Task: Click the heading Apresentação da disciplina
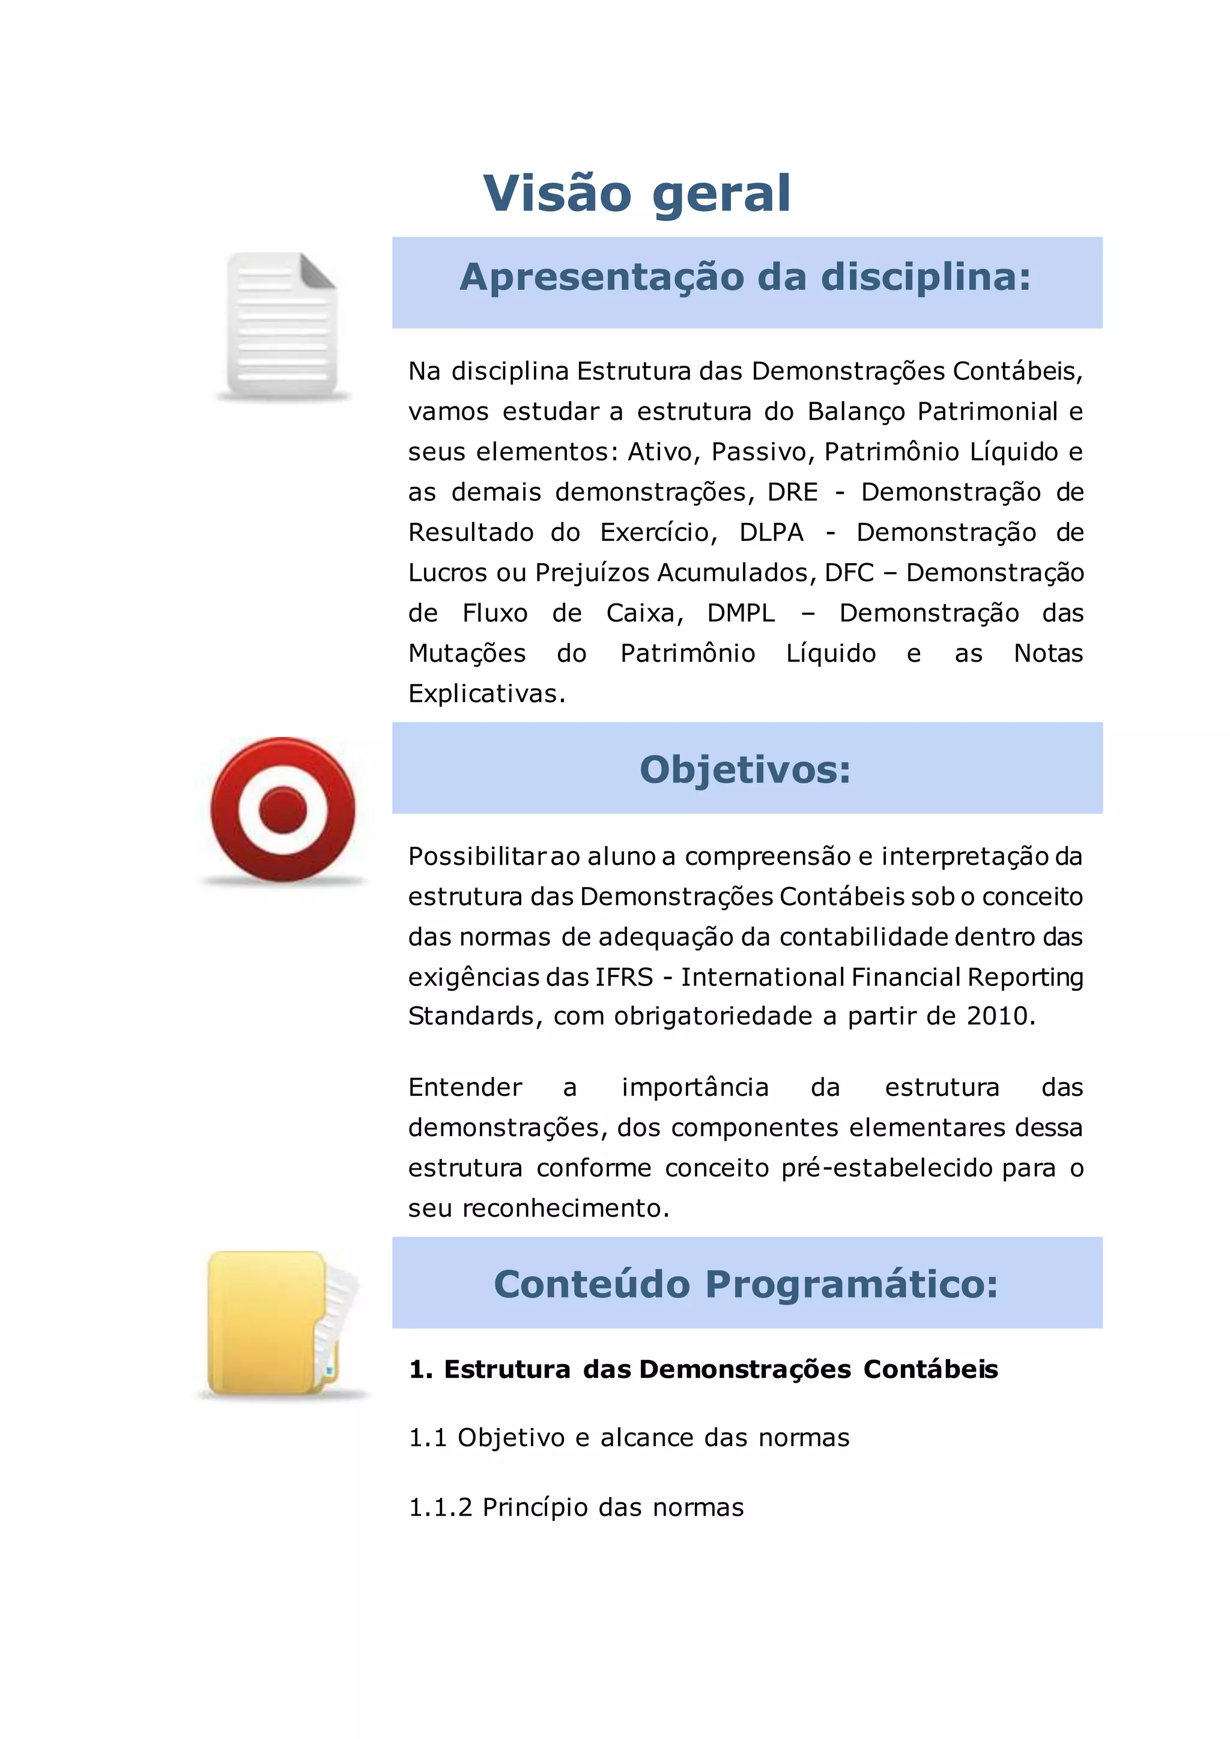pos(745,277)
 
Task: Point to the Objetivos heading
pos(745,770)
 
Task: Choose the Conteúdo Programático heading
pos(745,1284)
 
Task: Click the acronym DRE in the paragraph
pos(792,492)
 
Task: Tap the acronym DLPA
pos(771,533)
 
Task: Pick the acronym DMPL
pos(741,612)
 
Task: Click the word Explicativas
pos(486,694)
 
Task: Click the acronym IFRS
pos(624,977)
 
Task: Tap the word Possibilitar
pos(477,857)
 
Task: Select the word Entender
pos(465,1087)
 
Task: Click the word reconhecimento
pos(566,1208)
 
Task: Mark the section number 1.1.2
pos(440,1507)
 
